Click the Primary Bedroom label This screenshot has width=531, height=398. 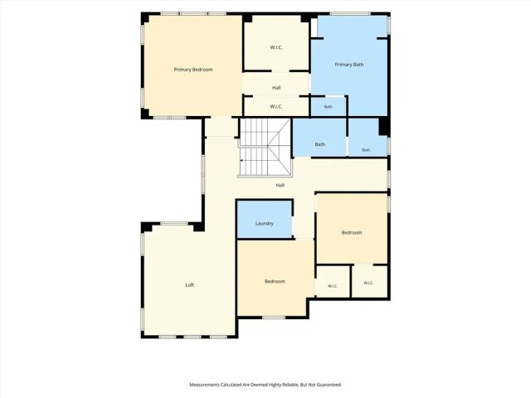tap(193, 70)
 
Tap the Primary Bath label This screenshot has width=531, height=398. tap(349, 65)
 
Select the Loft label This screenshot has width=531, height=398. tap(190, 285)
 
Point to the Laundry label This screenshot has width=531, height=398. tap(265, 224)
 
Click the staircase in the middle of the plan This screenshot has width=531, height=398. tap(265, 148)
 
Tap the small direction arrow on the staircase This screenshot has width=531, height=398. tap(241, 160)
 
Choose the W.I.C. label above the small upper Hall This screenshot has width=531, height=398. tap(276, 48)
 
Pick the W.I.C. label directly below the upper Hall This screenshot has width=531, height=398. tap(276, 107)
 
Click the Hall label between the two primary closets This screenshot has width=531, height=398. tap(276, 88)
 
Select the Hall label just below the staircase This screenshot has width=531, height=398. tap(280, 186)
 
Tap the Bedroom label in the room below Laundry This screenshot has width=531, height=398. tap(275, 282)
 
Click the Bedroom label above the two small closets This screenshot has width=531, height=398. tap(352, 233)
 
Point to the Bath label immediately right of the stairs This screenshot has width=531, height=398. tap(320, 144)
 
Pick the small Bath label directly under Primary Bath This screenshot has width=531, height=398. tap(329, 107)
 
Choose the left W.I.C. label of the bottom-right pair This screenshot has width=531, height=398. tap(333, 286)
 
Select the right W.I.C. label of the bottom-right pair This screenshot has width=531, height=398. tap(368, 283)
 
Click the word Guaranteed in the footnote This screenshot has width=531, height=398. tap(329, 385)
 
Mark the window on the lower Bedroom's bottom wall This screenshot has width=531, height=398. tap(274, 318)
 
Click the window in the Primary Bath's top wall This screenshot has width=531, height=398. tap(350, 14)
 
